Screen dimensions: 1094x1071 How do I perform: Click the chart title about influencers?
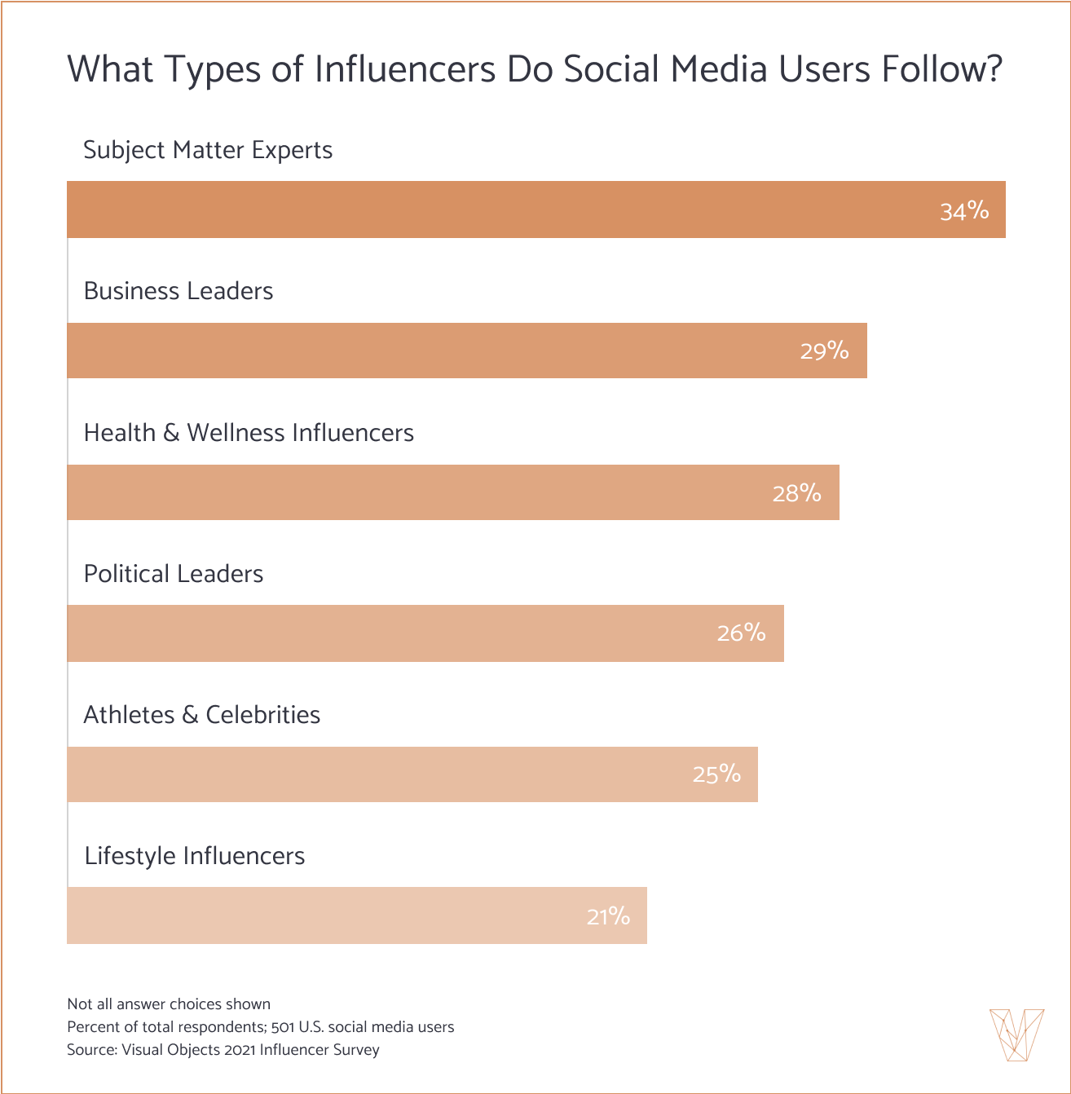tap(534, 69)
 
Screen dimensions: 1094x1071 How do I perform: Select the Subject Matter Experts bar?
tap(489, 210)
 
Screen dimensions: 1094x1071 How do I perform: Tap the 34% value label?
tap(964, 211)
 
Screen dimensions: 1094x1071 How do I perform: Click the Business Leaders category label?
tap(178, 291)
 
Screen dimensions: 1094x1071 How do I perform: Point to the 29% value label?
tap(824, 351)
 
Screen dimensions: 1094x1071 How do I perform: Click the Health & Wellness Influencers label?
tap(249, 432)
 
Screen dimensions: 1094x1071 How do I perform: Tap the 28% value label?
tap(796, 492)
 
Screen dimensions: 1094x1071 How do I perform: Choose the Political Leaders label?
tap(174, 574)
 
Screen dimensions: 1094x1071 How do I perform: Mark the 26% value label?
tap(741, 633)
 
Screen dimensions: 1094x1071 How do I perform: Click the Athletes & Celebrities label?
tap(202, 715)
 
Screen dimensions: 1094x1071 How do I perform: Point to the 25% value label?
tap(716, 774)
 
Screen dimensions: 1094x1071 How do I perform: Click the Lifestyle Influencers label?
tap(195, 856)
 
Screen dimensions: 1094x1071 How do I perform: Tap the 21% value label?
tap(608, 916)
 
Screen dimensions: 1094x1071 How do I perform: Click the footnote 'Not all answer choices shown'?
tap(169, 1004)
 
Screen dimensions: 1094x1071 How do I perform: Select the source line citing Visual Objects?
tap(223, 1050)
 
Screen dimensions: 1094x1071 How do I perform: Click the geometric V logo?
tap(1016, 1034)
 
